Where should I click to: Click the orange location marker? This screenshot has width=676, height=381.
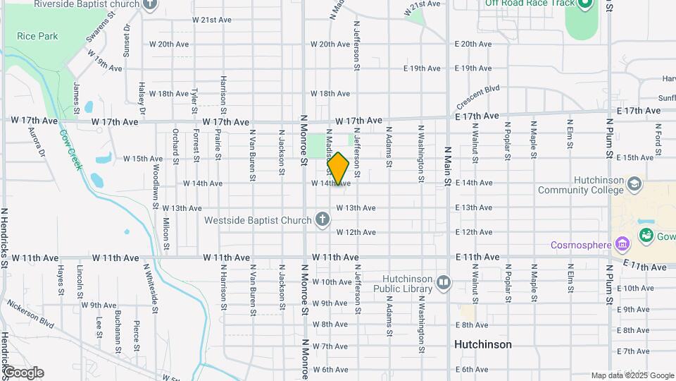click(x=338, y=169)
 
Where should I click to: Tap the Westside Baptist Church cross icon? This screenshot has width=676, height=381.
click(x=323, y=219)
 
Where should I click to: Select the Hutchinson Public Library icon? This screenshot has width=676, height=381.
click(x=443, y=283)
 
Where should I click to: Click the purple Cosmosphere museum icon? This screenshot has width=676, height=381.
click(x=621, y=246)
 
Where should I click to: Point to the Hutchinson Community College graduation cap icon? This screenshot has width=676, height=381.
click(x=635, y=184)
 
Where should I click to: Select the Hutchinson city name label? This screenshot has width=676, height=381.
click(x=483, y=344)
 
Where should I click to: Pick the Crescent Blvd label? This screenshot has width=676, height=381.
click(x=477, y=93)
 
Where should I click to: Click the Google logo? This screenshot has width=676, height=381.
click(x=23, y=372)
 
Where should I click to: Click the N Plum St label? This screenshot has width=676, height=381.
click(x=610, y=141)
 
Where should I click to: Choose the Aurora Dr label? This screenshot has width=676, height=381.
click(x=36, y=141)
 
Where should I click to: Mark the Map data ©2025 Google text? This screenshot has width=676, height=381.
click(x=632, y=375)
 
